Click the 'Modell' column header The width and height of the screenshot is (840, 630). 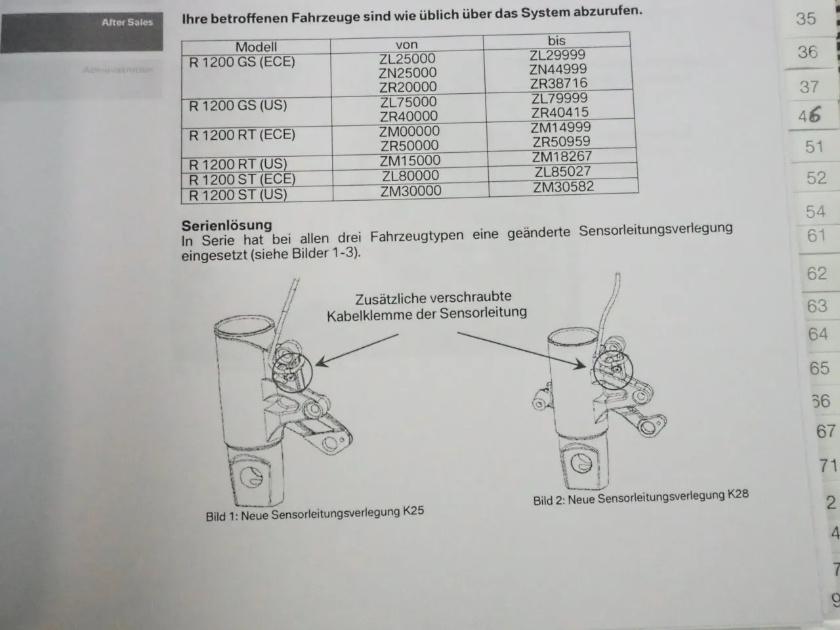point(256,47)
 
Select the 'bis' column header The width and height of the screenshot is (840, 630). point(556,41)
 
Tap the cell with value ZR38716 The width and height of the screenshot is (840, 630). point(559,83)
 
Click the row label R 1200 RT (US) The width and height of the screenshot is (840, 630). point(238,164)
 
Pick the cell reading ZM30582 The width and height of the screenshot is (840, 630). point(563,187)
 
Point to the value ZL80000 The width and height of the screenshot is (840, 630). point(410,176)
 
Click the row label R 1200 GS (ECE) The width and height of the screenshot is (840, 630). point(242,62)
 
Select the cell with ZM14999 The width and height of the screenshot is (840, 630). point(560,127)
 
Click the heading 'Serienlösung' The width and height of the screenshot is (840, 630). point(226,225)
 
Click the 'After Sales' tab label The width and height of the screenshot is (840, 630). point(127,22)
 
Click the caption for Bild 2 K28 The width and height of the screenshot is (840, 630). point(640,497)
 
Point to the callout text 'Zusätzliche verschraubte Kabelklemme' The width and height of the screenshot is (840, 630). point(427,306)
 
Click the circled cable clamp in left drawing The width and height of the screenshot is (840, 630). point(293,371)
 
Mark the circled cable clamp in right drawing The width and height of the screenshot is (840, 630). point(611,371)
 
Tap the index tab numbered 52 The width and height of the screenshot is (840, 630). point(816,178)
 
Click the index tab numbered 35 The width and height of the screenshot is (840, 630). point(806,18)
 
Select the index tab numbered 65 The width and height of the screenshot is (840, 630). point(819,368)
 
